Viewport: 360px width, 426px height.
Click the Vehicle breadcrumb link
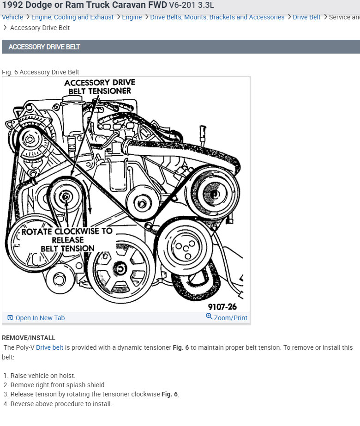pyautogui.click(x=12, y=17)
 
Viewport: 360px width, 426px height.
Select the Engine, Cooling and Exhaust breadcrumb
pyautogui.click(x=72, y=17)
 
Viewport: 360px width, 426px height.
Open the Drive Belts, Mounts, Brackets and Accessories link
pyautogui.click(x=217, y=17)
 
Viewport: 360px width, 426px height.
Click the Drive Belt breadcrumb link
pyautogui.click(x=306, y=17)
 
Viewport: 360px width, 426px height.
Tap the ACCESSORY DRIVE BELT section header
pyautogui.click(x=44, y=47)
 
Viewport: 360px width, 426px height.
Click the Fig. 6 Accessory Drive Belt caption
pyautogui.click(x=41, y=72)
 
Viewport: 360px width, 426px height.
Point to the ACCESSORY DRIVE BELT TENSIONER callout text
pyautogui.click(x=100, y=87)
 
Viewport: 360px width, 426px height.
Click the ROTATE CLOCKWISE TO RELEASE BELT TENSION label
pyautogui.click(x=67, y=239)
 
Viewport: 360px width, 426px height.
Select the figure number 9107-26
pyautogui.click(x=222, y=306)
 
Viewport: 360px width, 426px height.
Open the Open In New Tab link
pyautogui.click(x=40, y=318)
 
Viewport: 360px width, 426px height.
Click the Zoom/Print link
pyautogui.click(x=230, y=318)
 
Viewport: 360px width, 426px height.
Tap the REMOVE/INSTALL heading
pyautogui.click(x=29, y=338)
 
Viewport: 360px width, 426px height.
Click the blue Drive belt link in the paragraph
pyautogui.click(x=49, y=347)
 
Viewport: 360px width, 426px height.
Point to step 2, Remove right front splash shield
pyautogui.click(x=58, y=385)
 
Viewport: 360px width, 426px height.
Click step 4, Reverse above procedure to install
pyautogui.click(x=61, y=404)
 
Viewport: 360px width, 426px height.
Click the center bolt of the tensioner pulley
pyautogui.click(x=66, y=197)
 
